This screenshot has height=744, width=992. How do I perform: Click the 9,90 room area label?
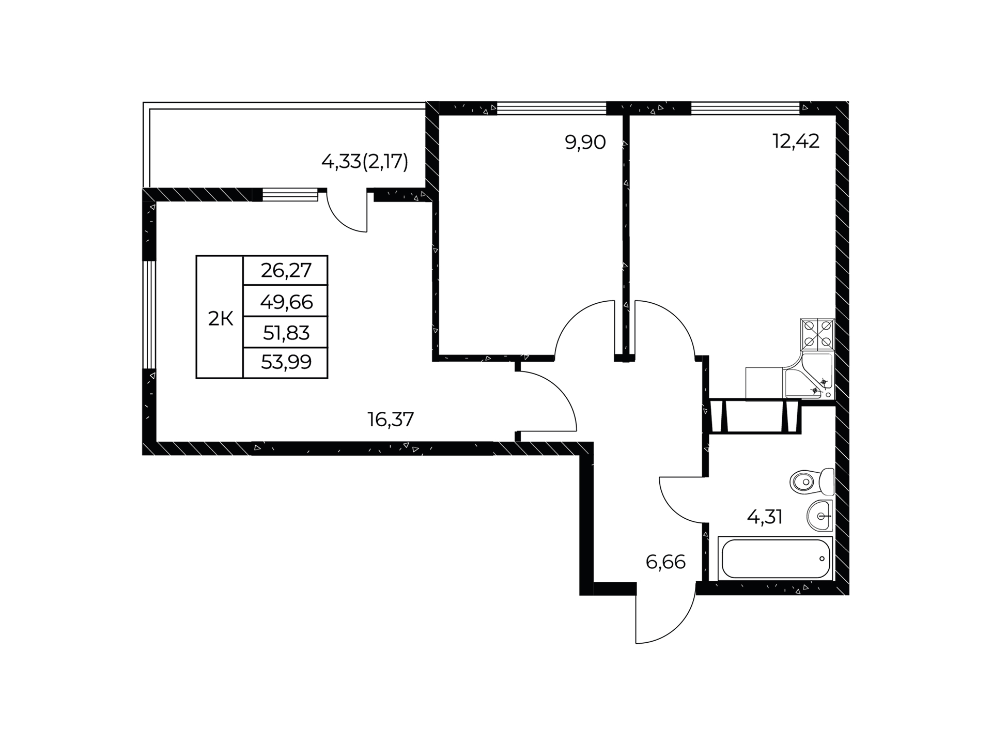[585, 142]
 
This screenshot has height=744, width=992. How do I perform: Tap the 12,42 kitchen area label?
[796, 141]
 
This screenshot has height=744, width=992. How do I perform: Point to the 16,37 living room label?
[391, 420]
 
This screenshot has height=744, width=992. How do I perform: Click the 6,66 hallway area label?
[665, 562]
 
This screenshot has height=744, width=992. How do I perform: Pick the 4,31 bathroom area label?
[765, 517]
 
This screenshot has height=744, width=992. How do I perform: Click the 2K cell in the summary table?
[220, 319]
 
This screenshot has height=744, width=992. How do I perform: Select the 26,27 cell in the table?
[286, 270]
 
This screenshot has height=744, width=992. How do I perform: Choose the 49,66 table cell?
[286, 301]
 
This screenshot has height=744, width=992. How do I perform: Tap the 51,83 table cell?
[286, 333]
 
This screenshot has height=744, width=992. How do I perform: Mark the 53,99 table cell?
[286, 363]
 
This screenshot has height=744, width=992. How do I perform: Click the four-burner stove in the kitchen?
[817, 335]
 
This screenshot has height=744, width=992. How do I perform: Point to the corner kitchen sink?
[809, 376]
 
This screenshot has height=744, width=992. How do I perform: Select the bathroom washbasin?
[820, 515]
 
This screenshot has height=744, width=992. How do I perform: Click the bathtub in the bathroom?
[776, 559]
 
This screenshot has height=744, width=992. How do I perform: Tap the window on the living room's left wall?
[149, 314]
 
